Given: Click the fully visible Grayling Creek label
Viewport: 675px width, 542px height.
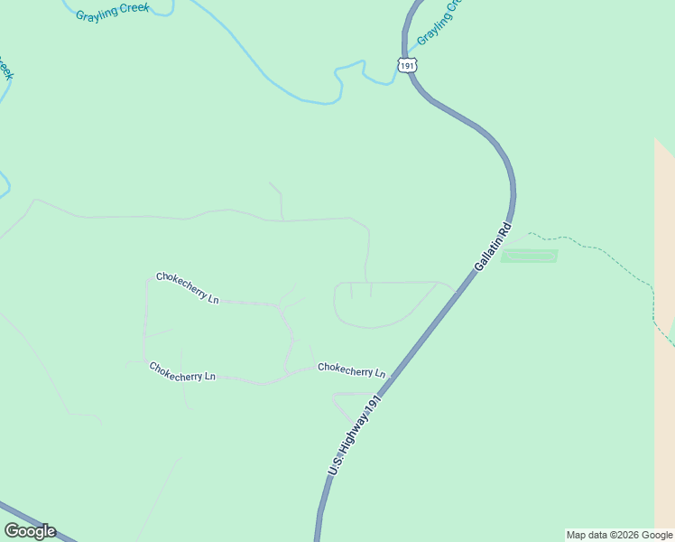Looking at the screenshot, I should tap(112, 12).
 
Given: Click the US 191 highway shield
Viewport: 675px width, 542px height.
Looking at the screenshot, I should tap(406, 65).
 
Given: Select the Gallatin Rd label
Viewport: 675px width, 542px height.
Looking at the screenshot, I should tap(493, 248).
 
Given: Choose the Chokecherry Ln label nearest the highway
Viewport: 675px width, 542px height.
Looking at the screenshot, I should tap(351, 370).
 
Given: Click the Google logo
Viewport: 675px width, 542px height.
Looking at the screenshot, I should tap(30, 531).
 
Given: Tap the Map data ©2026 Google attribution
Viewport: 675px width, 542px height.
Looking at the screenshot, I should tap(620, 535).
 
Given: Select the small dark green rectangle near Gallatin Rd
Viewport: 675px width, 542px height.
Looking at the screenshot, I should tap(530, 257).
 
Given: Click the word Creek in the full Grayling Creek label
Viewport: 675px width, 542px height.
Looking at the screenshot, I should tap(134, 8).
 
